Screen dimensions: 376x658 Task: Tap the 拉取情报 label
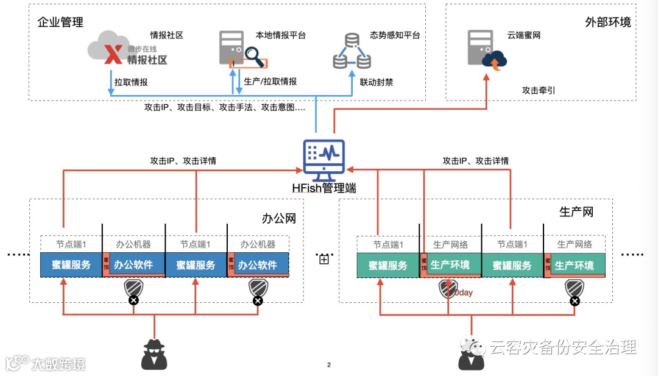(131, 82)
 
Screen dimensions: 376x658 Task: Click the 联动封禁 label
(376, 82)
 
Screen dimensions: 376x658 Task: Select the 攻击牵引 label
(538, 90)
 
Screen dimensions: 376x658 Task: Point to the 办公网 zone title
(278, 218)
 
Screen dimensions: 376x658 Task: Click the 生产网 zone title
(576, 212)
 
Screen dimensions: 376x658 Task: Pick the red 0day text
(463, 293)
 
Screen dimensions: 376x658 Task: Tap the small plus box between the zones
(324, 260)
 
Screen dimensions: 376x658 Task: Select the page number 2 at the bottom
(329, 365)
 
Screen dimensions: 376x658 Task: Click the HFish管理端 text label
(324, 188)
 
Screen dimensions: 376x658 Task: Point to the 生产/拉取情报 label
(270, 82)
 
